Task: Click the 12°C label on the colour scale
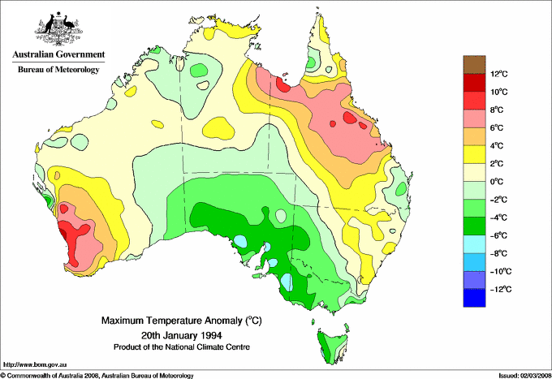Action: click(498, 74)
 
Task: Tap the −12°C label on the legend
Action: click(498, 290)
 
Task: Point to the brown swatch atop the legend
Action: click(474, 65)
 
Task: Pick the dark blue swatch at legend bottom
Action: click(474, 299)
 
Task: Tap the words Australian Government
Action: click(58, 55)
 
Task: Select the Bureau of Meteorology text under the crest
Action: click(58, 70)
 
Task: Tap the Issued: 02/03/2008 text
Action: click(520, 375)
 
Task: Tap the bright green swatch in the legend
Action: click(474, 209)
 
